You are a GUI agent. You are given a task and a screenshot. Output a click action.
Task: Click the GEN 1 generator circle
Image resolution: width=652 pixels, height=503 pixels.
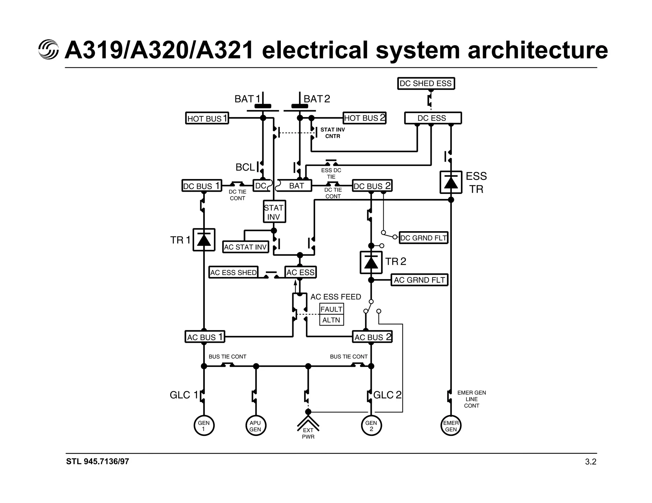204,426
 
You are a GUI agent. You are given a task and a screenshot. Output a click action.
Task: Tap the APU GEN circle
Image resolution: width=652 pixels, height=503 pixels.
255,426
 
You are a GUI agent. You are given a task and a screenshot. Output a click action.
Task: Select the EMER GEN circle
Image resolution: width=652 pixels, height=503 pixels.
451,426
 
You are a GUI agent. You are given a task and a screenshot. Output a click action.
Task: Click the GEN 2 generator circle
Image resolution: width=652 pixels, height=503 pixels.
371,426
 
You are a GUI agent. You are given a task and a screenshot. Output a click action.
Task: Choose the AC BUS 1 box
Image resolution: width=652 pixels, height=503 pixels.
205,337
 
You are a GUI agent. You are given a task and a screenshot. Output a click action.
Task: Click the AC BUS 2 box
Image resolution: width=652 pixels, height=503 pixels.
372,337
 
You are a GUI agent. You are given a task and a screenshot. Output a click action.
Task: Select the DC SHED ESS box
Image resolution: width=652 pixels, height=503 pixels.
426,84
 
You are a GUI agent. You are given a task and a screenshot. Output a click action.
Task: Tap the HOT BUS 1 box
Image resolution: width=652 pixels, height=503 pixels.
207,118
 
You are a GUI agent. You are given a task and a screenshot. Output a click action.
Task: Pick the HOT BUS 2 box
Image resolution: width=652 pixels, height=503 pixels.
364,118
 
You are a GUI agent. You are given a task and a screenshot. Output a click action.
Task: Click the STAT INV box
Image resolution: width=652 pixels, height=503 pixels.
274,212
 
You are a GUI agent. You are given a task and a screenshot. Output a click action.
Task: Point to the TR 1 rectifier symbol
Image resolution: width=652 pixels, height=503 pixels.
204,240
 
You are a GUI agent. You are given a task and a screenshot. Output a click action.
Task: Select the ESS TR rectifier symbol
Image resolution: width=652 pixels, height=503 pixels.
451,183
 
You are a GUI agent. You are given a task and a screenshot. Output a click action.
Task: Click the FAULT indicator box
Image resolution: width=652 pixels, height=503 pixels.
331,309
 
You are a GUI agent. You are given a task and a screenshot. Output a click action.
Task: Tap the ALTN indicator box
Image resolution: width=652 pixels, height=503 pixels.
331,320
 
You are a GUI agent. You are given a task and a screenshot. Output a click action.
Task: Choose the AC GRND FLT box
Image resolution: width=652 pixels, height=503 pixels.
419,280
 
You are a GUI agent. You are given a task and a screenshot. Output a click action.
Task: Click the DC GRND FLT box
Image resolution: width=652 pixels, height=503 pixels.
423,238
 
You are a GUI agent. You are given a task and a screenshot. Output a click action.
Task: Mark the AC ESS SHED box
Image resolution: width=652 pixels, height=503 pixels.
233,272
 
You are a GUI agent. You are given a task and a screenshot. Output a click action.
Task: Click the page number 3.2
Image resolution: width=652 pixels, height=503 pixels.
591,462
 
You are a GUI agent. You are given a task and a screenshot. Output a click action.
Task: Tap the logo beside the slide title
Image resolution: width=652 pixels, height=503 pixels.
48,50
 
